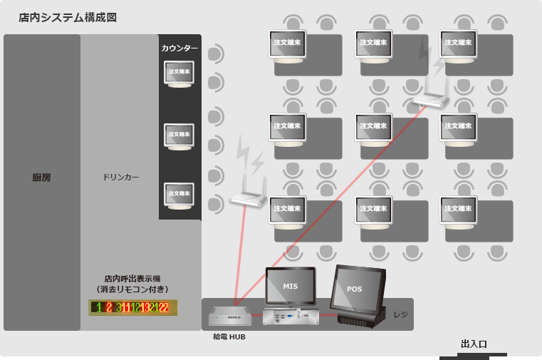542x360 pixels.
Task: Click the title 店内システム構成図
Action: click(68, 17)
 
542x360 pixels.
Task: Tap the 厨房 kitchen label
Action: click(41, 178)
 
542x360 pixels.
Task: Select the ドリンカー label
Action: click(121, 177)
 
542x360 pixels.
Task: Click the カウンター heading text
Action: click(179, 48)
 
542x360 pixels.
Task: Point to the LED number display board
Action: click(132, 307)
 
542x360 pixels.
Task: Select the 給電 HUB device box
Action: click(230, 316)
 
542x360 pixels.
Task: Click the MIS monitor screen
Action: click(290, 287)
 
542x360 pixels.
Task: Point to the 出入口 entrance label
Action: click(474, 344)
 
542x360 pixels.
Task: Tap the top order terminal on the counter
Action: click(179, 73)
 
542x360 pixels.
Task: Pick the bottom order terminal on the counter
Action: click(179, 195)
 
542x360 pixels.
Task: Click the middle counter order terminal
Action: click(179, 135)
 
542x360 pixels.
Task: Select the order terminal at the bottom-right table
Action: click(457, 210)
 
